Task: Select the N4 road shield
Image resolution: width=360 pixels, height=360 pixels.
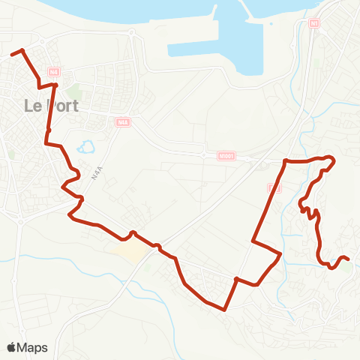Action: (52, 72)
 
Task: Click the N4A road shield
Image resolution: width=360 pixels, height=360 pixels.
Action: (123, 121)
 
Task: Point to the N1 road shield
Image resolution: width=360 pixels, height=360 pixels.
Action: (313, 23)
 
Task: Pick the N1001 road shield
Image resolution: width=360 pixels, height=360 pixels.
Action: (228, 157)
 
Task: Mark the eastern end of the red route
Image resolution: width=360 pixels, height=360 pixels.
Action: (349, 259)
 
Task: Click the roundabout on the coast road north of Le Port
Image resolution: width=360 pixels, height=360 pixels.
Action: (132, 34)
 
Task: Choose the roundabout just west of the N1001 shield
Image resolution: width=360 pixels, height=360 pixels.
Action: (204, 154)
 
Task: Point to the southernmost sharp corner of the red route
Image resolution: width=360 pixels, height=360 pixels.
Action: (225, 308)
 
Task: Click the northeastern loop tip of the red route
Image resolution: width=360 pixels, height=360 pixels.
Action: (332, 160)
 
